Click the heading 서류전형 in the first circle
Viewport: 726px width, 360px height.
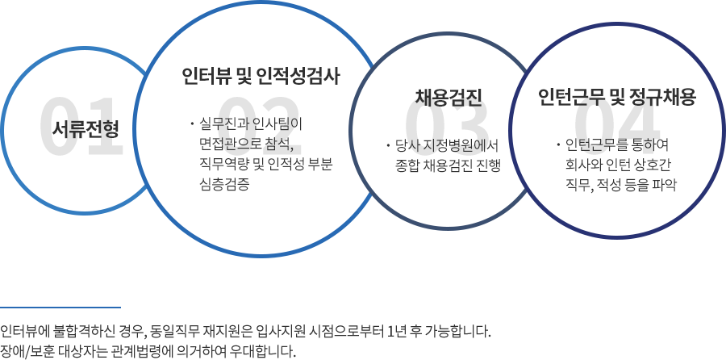tap(86, 130)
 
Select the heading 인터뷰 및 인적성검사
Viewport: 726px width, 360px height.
tap(261, 76)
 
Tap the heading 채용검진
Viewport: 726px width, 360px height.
tap(449, 98)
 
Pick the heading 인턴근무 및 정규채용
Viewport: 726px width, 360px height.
tap(617, 98)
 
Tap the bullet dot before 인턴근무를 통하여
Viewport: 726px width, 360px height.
tap(558, 144)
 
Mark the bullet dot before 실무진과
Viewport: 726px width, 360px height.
tap(192, 124)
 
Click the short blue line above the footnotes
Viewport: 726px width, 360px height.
tap(60, 307)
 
